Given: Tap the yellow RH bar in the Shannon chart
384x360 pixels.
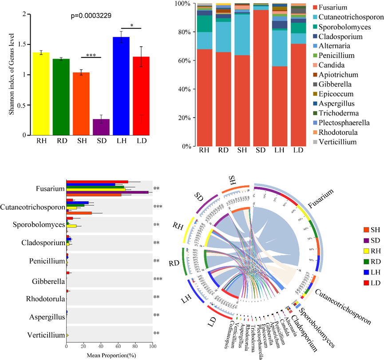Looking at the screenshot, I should [38, 94].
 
